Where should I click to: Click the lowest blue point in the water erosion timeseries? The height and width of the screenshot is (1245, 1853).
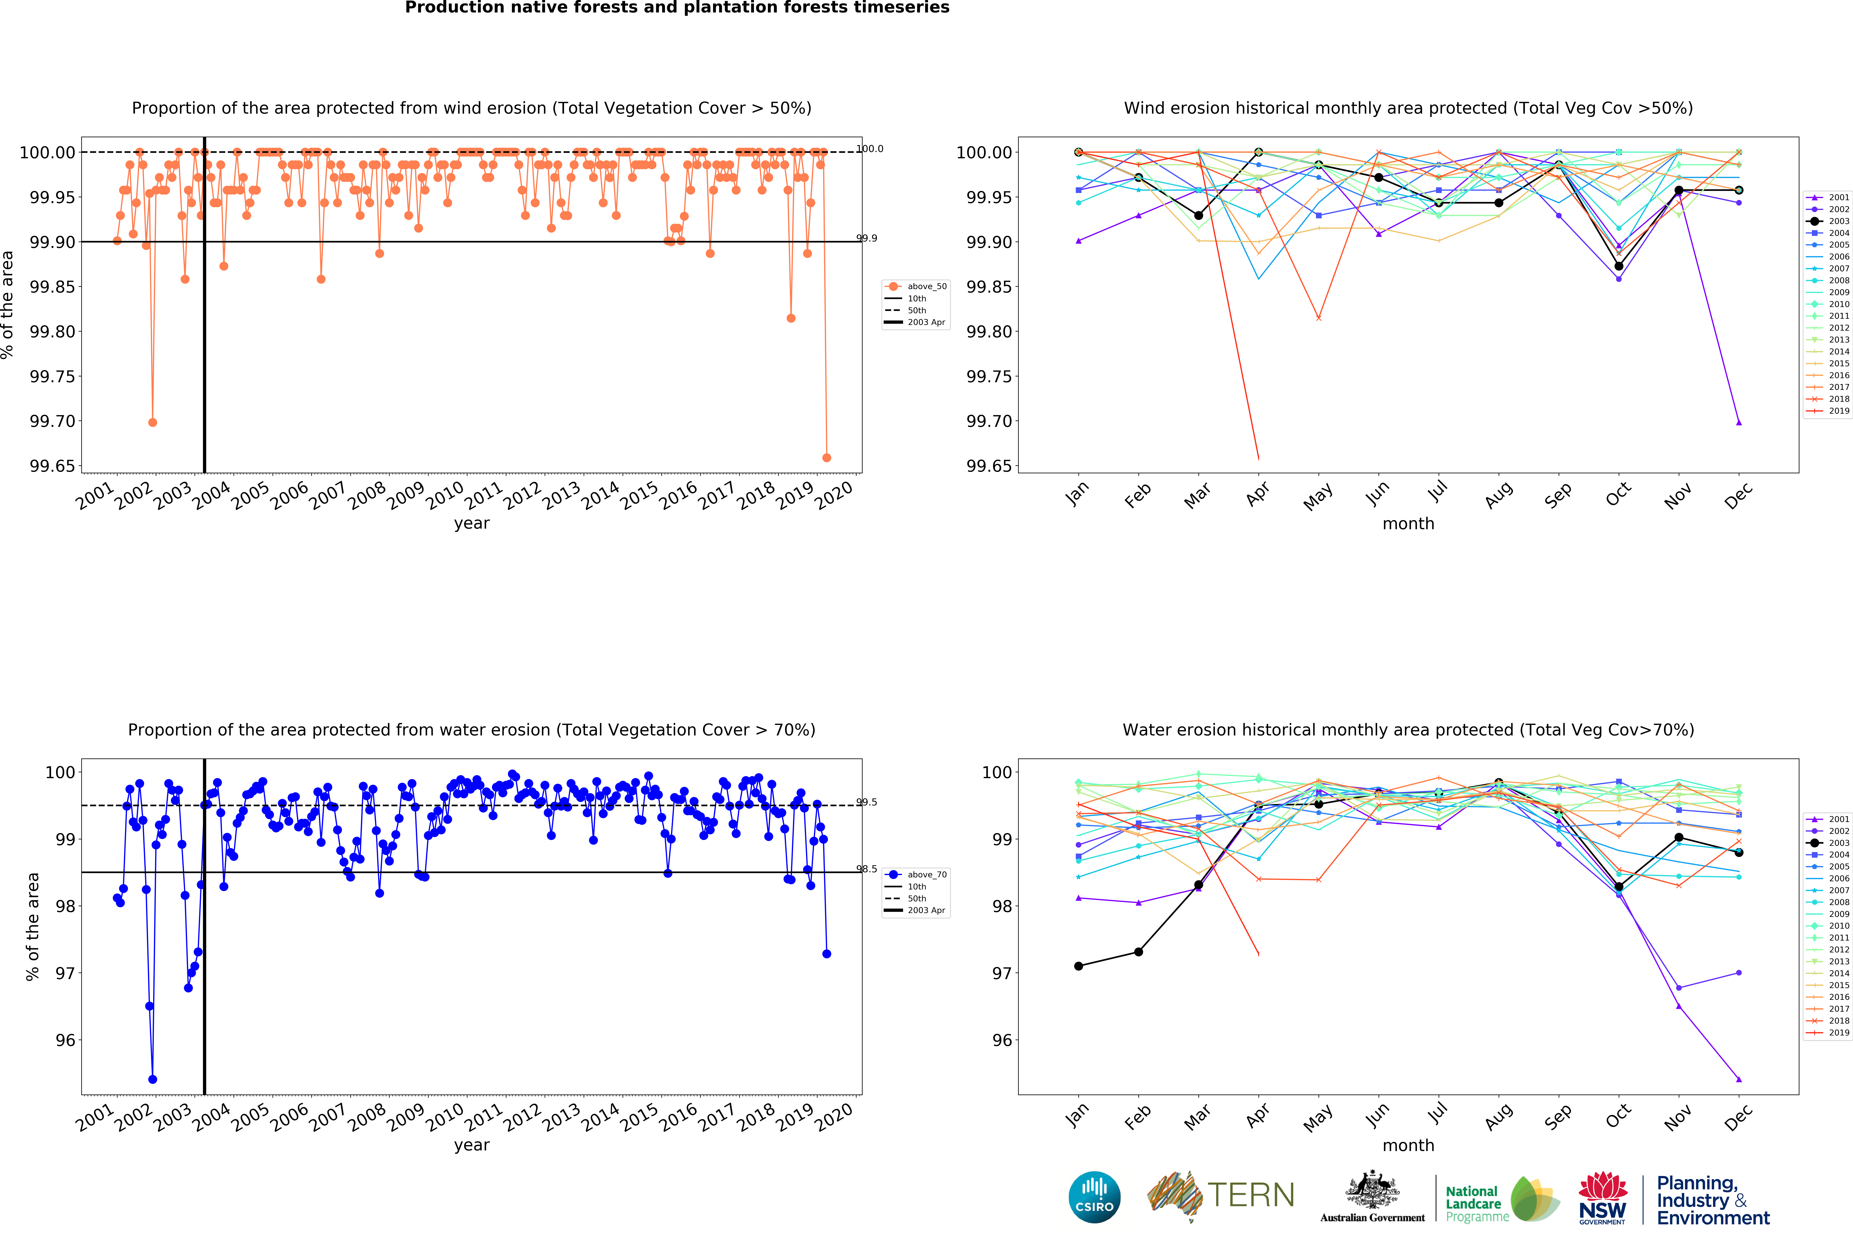pos(152,1079)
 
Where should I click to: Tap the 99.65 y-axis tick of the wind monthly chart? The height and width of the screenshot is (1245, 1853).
pos(988,466)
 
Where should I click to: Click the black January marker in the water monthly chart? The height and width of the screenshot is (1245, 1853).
pos(1078,965)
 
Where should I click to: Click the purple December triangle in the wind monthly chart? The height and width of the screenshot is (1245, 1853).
pos(1739,422)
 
